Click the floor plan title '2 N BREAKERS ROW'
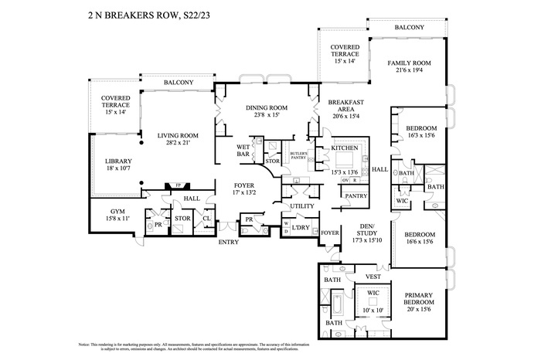pos(127,14)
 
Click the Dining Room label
pos(267,108)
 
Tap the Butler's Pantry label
pos(299,157)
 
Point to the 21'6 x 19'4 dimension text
pos(409,72)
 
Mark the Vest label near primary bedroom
pos(373,276)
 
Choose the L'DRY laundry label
pos(301,227)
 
